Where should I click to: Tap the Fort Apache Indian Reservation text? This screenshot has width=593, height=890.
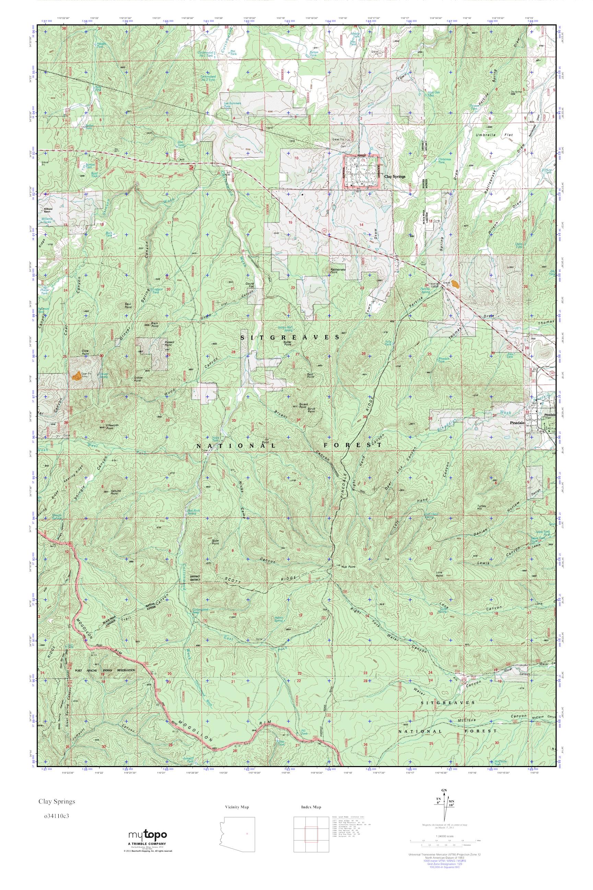105,671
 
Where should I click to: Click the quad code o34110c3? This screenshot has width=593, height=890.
57,823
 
